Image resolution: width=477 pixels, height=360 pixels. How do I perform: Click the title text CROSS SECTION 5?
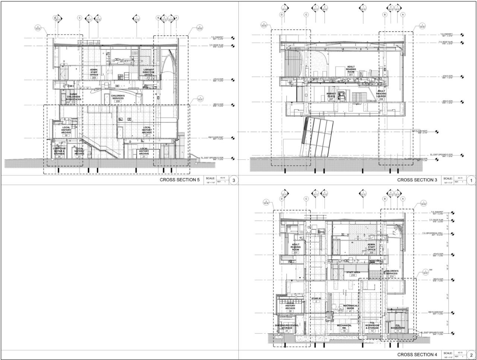180,180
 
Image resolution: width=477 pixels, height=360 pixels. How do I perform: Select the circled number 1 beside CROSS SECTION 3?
471,181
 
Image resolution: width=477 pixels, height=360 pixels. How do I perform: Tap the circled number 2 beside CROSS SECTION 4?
471,355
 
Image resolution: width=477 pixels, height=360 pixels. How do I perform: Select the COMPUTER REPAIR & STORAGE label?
59,151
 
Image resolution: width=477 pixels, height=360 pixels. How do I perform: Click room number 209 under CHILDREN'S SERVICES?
118,101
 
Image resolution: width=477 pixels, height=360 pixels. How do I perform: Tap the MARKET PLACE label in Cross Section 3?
331,95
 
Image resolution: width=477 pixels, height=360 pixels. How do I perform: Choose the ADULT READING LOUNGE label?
381,94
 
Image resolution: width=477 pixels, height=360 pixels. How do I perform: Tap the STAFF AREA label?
353,272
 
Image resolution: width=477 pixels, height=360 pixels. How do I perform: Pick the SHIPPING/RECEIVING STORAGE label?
287,326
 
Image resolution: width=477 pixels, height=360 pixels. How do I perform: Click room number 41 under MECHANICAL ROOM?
350,311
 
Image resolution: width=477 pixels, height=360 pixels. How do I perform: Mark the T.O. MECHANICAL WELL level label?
432,234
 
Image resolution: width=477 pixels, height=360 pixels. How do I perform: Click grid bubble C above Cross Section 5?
79,18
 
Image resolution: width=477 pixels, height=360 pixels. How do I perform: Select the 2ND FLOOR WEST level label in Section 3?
419,131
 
